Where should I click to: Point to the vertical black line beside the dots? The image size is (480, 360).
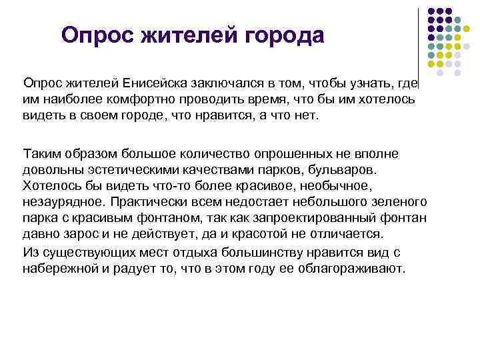click(418, 40)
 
